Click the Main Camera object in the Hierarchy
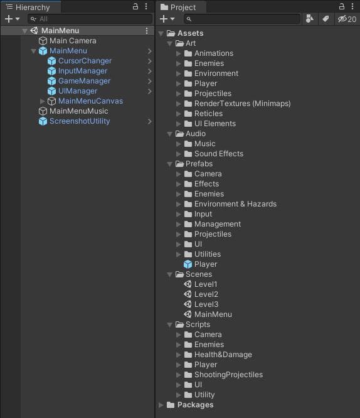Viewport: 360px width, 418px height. pos(73,41)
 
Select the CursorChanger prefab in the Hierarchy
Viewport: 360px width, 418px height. pos(85,61)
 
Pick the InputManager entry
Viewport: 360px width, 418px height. pos(83,71)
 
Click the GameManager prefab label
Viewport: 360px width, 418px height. pos(84,81)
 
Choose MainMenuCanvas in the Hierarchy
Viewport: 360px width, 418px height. pos(90,101)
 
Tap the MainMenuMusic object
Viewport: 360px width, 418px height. pos(79,111)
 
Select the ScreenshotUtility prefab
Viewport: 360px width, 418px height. pos(80,121)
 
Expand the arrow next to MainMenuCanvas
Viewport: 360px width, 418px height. pos(42,101)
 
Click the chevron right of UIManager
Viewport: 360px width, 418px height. pos(149,91)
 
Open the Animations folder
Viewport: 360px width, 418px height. pos(214,53)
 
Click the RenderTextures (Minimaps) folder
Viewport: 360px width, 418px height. pos(243,104)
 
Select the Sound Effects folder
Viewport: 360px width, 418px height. pos(219,154)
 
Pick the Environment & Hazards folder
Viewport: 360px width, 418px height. pos(236,204)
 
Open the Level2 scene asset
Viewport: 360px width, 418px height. pos(206,294)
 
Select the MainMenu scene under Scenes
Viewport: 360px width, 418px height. pos(213,314)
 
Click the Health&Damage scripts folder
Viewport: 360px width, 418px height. pos(223,355)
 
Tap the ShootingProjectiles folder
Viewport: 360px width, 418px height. pos(229,375)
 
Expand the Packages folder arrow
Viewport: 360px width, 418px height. pos(161,405)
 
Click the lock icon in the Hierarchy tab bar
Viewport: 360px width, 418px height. pos(135,6)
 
